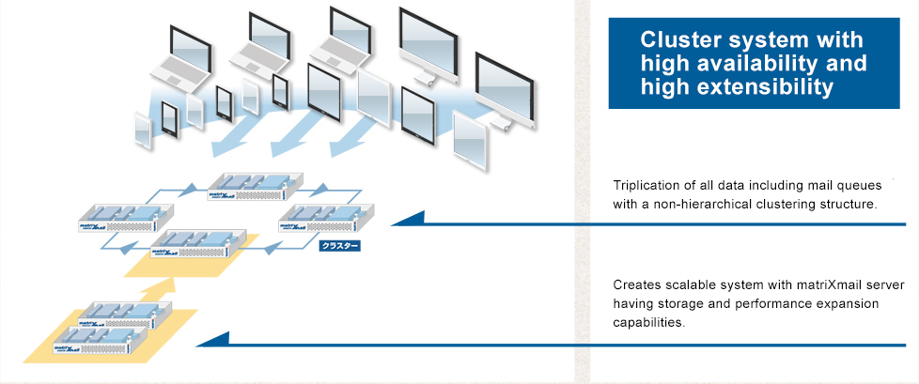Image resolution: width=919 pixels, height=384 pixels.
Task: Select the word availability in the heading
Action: point(743,64)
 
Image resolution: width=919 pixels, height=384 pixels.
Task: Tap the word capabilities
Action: point(648,323)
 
